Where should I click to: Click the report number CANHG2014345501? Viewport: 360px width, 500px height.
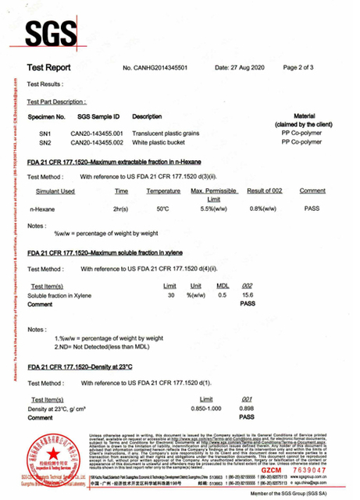pyautogui.click(x=167, y=69)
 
